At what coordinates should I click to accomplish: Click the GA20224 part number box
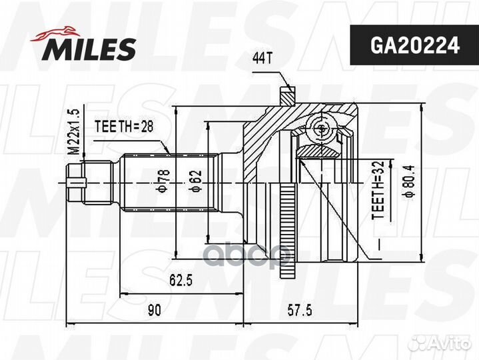(406, 45)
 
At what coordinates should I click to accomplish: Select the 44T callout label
(262, 59)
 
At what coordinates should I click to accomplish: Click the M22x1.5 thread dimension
(75, 132)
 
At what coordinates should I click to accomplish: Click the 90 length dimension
(155, 310)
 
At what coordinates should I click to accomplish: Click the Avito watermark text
(453, 343)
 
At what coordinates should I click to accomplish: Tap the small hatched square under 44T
(286, 97)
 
